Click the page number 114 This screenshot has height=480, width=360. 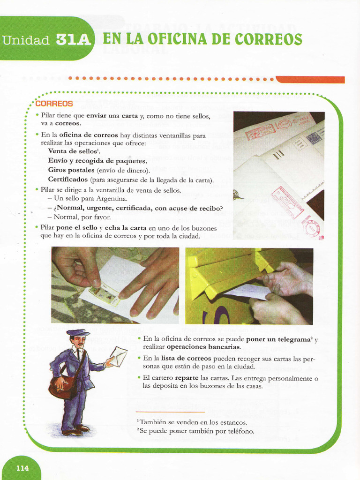click(x=22, y=468)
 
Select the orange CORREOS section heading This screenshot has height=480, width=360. click(x=54, y=104)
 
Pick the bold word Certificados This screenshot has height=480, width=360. click(x=68, y=180)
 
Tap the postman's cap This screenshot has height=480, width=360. click(x=77, y=332)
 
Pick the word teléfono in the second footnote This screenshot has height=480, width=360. click(x=239, y=431)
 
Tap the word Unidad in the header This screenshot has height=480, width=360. click(x=26, y=40)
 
